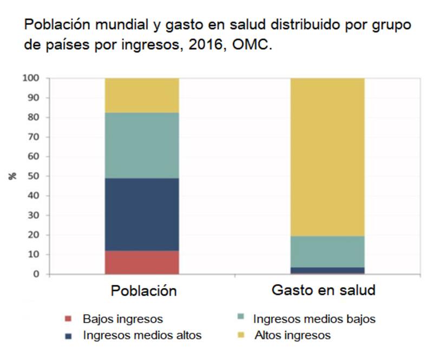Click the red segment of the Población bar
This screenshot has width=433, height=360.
click(x=142, y=262)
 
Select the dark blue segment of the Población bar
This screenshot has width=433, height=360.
click(x=142, y=214)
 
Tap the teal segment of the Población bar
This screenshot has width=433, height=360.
click(x=142, y=145)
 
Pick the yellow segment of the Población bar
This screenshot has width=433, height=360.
click(x=142, y=95)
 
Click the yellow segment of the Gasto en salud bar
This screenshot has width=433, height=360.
click(x=327, y=157)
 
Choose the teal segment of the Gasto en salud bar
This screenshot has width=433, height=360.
click(x=327, y=252)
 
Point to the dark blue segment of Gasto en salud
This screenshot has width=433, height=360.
click(x=327, y=270)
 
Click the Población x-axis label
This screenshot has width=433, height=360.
click(x=143, y=291)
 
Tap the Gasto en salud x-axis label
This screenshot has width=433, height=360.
click(x=323, y=290)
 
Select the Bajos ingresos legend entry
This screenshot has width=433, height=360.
click(x=122, y=319)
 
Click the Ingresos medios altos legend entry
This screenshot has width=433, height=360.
click(x=142, y=335)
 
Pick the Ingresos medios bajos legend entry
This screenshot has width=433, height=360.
click(x=314, y=319)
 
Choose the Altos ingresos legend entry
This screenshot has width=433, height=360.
click(x=292, y=335)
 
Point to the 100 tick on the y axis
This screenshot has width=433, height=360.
click(x=31, y=78)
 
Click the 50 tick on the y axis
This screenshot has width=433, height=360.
click(x=34, y=176)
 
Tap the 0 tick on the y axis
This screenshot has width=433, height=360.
click(x=36, y=274)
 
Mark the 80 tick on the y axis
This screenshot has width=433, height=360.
click(x=34, y=117)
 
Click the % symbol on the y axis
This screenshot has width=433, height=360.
click(x=13, y=176)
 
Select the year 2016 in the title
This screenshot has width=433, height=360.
click(x=204, y=45)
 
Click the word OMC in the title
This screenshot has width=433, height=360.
click(x=251, y=45)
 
